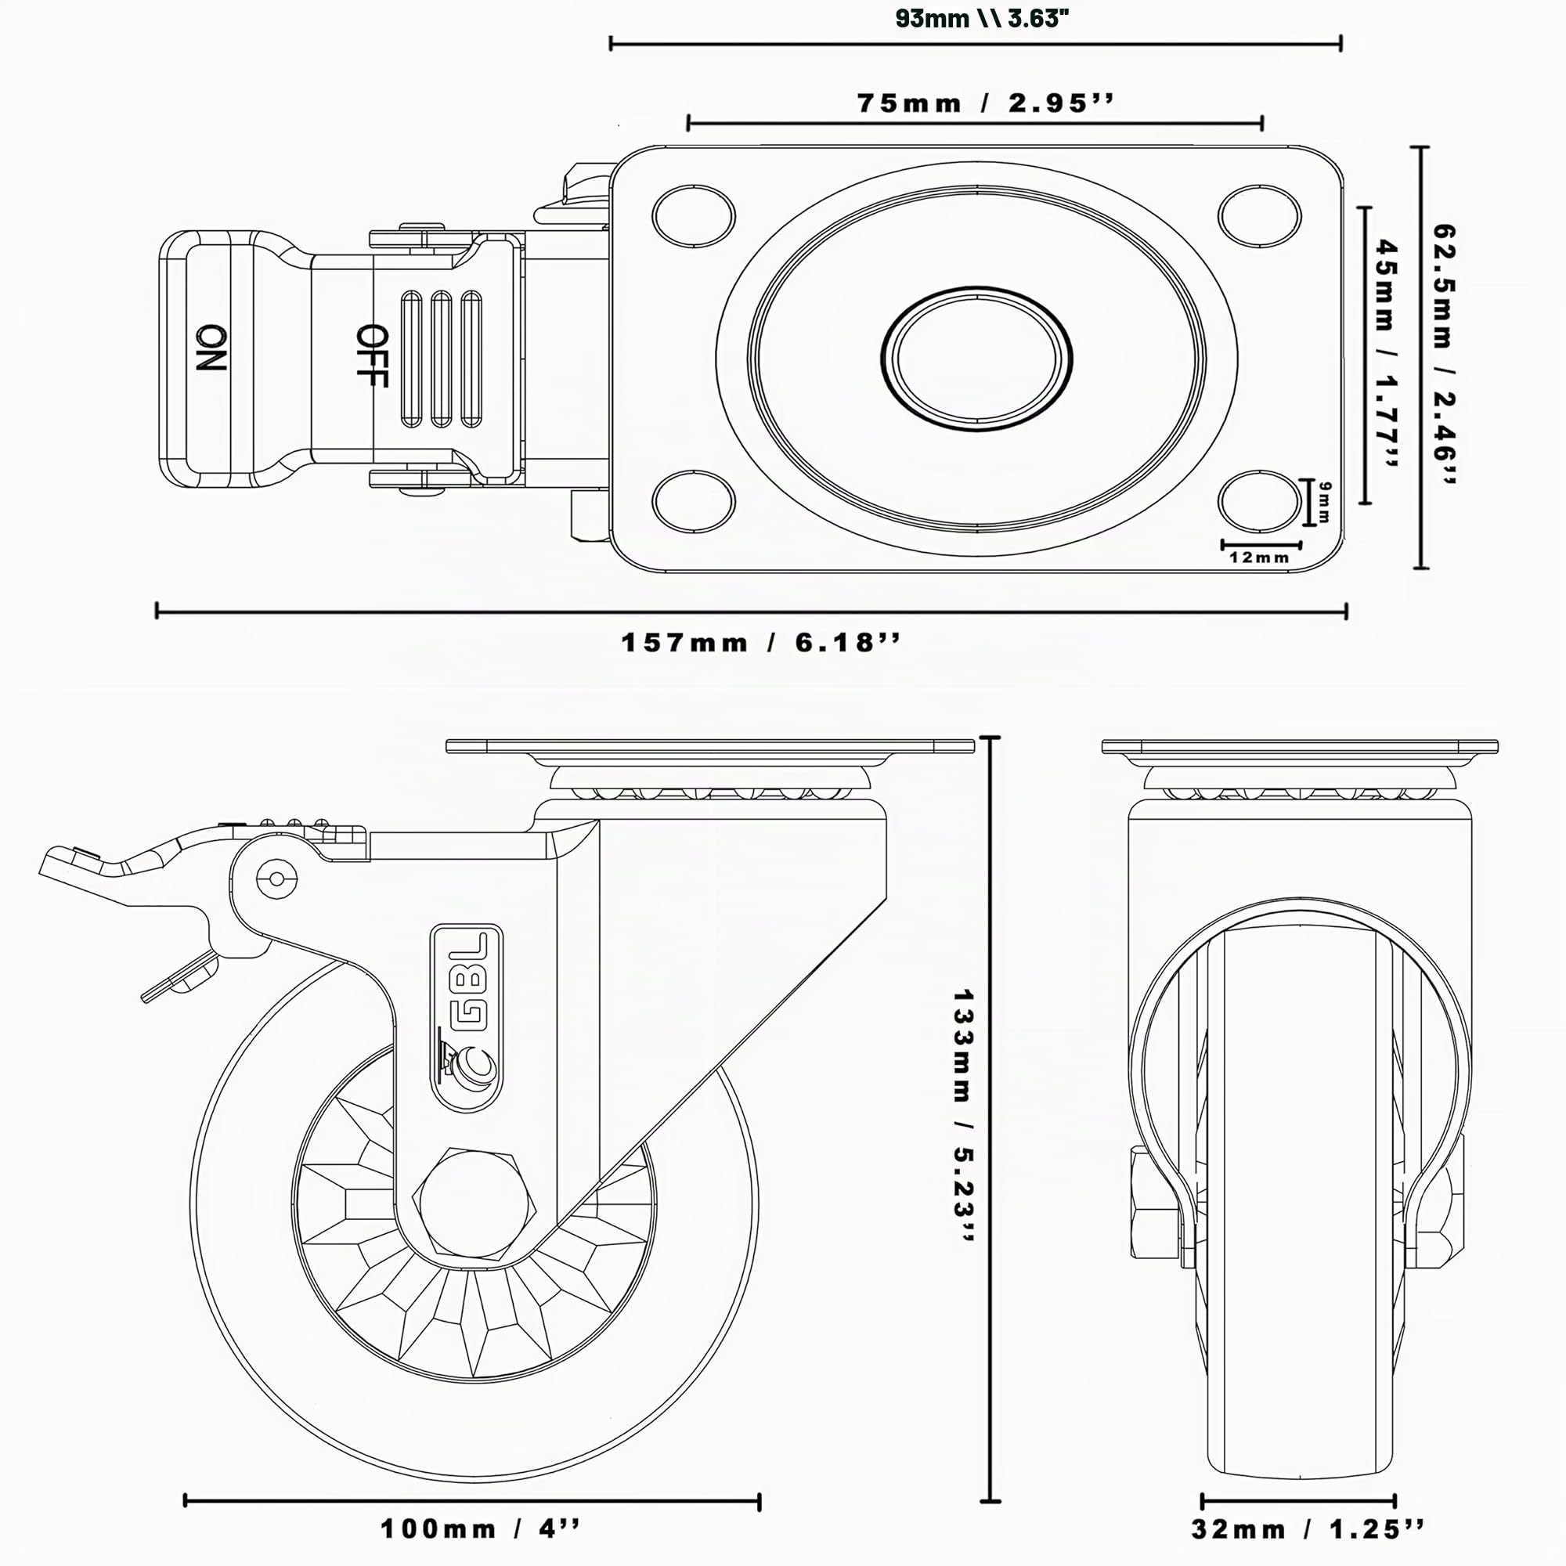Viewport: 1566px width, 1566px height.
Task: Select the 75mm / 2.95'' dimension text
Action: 986,103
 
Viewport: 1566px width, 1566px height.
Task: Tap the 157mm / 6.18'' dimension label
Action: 760,643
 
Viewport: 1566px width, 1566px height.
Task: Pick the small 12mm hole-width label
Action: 1259,557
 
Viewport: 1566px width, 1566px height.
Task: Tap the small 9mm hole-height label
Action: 1323,502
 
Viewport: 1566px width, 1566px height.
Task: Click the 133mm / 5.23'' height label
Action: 962,1115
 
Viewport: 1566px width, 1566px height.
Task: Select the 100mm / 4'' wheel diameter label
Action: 481,1529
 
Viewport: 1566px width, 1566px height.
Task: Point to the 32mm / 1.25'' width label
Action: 1308,1529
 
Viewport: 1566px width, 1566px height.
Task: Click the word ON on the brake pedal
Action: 211,348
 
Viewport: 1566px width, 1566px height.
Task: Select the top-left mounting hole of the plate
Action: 694,216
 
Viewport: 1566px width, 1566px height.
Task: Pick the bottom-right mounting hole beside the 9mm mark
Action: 1259,501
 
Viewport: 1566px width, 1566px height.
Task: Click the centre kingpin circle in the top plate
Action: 976,358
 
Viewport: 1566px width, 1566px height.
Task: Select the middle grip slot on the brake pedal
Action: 442,359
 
